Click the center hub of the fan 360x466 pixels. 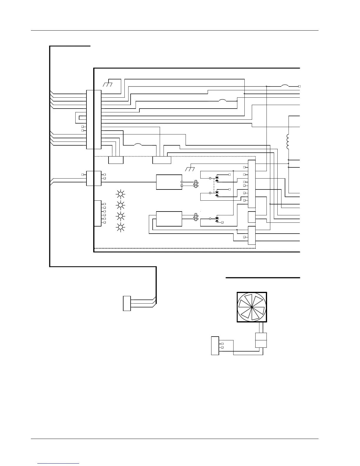click(252, 307)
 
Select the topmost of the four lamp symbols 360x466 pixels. click(120, 194)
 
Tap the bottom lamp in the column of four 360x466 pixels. click(120, 227)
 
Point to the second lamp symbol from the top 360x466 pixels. click(120, 205)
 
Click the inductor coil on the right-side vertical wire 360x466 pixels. click(288, 142)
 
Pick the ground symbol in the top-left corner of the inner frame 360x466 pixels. click(108, 84)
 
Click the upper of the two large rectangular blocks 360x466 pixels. click(169, 182)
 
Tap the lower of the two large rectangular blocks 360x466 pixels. click(169, 219)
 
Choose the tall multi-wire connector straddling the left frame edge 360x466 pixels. click(94, 119)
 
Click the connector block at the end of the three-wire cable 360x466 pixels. click(127, 304)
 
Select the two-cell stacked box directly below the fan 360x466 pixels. click(261, 340)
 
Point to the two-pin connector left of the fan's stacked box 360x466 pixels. click(215, 346)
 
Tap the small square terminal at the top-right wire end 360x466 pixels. click(299, 86)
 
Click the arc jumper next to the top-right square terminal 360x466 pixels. click(285, 86)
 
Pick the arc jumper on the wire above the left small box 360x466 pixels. click(138, 144)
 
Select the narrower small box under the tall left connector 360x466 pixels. click(116, 160)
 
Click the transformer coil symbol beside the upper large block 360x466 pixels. click(195, 184)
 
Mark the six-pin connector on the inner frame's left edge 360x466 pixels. click(98, 213)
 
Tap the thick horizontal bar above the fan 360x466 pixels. click(263, 277)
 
